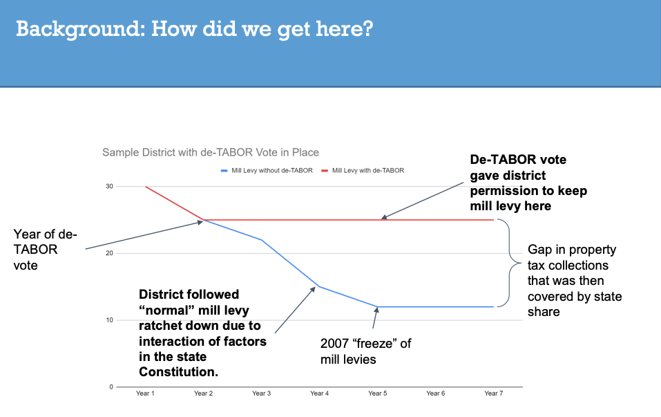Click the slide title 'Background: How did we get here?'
point(194,30)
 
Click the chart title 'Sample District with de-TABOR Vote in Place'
point(211,152)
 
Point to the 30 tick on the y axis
point(109,187)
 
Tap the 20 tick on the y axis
point(109,253)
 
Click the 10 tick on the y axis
point(109,320)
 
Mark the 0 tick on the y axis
point(111,387)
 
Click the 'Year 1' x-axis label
point(145,393)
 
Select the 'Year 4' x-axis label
point(319,393)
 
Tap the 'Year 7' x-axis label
point(493,393)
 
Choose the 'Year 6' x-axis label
point(435,393)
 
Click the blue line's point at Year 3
point(261,240)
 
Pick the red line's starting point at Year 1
point(145,187)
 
